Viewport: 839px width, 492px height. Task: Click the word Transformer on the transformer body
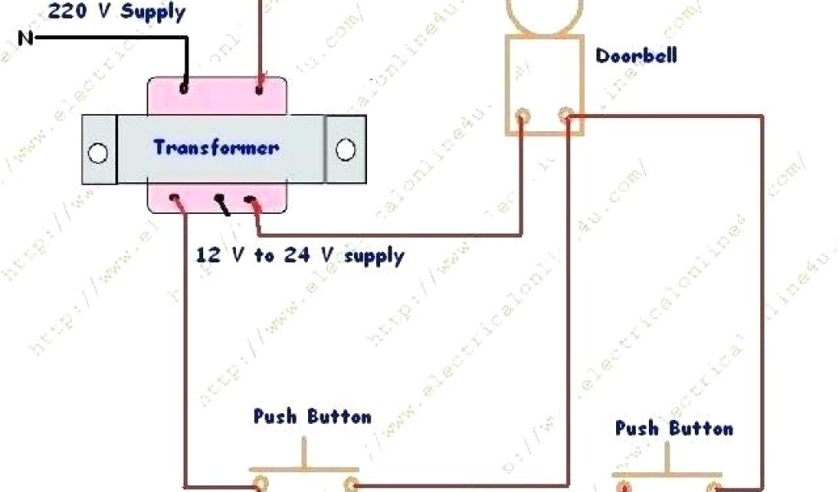coord(215,148)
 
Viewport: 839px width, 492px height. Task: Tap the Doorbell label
coord(636,57)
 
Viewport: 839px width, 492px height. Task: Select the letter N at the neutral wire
coord(25,38)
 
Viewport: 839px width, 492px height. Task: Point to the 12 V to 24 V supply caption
coord(299,255)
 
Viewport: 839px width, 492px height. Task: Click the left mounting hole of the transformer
coord(98,153)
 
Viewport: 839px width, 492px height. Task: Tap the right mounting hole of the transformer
coord(346,150)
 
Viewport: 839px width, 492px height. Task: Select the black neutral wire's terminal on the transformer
coord(184,85)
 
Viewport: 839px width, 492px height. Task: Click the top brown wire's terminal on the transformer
coord(260,85)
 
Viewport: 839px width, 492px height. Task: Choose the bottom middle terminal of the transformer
coord(219,198)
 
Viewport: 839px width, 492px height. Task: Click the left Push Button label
coord(311,417)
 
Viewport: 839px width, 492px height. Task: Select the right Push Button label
coord(673,428)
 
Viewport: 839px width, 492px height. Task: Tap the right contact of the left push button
coord(351,484)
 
